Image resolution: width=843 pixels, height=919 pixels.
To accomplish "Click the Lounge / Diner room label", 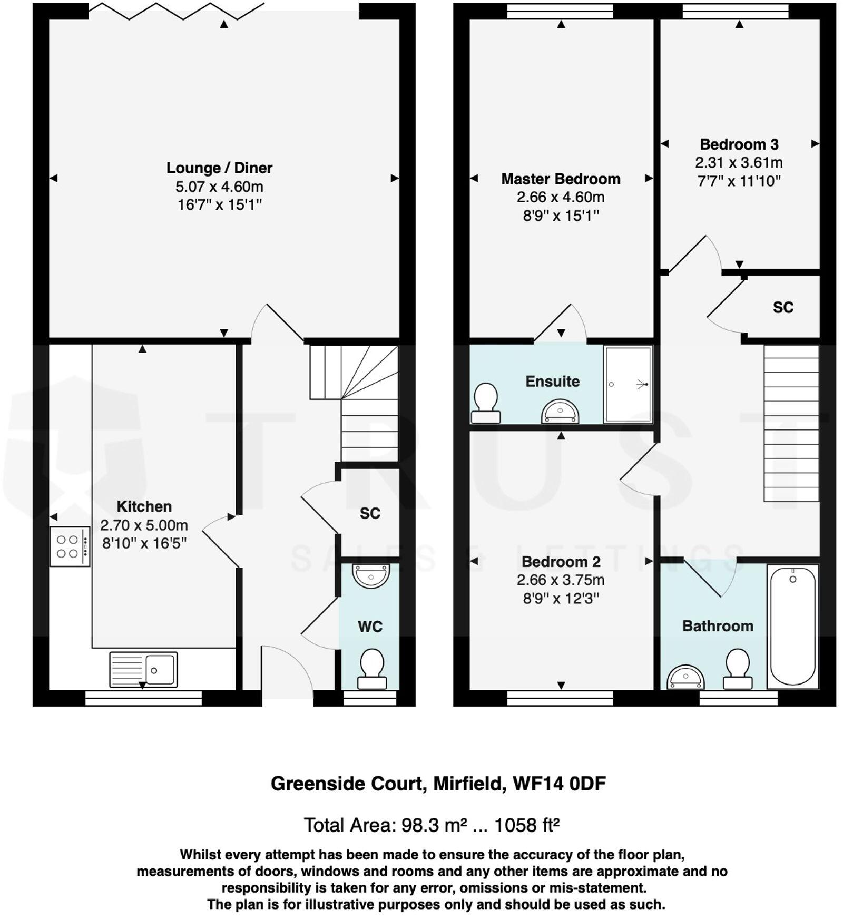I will (219, 168).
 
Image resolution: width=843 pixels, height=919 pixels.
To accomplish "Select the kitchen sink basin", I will (160, 670).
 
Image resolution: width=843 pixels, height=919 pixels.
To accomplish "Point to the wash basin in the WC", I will (371, 575).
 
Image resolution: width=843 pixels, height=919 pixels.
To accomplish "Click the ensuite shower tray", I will (628, 384).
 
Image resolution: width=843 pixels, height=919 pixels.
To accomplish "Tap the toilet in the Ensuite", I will (486, 403).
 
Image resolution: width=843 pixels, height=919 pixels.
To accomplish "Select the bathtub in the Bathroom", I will (792, 626).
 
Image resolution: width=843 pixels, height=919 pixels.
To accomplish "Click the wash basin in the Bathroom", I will (685, 678).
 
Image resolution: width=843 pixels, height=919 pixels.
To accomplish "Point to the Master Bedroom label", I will (561, 179).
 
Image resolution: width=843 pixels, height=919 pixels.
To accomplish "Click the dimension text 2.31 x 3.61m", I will (739, 163).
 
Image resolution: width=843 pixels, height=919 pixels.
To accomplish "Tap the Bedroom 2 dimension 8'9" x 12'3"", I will (561, 599).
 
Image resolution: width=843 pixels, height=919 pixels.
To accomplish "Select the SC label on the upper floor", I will (783, 308).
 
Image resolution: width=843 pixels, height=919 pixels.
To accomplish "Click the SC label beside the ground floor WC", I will (370, 513).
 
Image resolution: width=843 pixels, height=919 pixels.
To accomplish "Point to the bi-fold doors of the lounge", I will (177, 12).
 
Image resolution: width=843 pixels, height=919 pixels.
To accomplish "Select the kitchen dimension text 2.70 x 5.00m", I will (144, 525).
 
